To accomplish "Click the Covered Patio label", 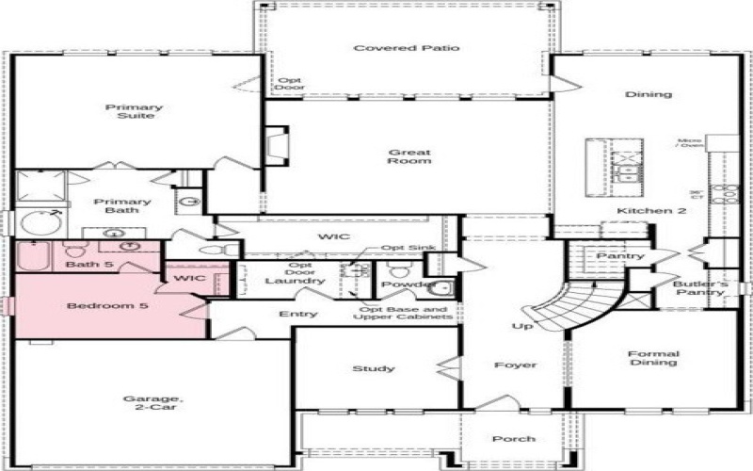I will pos(407,48).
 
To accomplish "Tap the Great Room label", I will pos(409,156).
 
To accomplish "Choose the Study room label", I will pos(374,368).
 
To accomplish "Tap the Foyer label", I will pos(515,365).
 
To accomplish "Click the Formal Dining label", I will pos(653,359).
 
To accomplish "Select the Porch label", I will pos(514,439).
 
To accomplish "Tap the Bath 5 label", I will pos(89,265).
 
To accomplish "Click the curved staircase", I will pos(574,306).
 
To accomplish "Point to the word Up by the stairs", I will pos(522,326).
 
